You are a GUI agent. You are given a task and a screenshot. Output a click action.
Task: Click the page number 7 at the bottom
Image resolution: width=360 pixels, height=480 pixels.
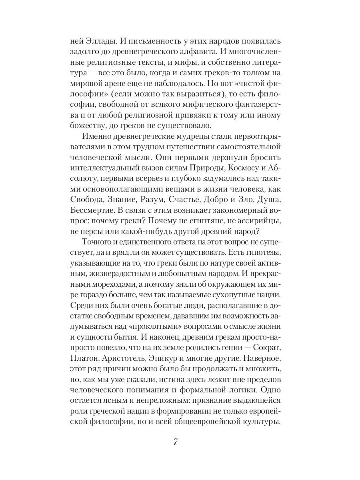click(176, 442)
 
